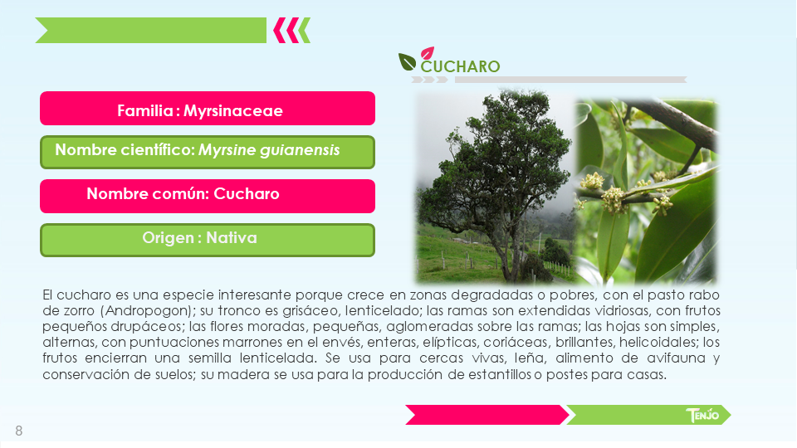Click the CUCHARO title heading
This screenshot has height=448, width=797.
pyautogui.click(x=461, y=66)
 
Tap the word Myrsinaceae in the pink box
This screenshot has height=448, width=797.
pyautogui.click(x=232, y=110)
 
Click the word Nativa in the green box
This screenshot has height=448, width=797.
pyautogui.click(x=232, y=238)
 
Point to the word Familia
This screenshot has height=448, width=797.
pyautogui.click(x=145, y=110)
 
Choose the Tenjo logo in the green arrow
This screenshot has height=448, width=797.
pyautogui.click(x=702, y=415)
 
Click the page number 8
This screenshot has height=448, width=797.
pyautogui.click(x=19, y=431)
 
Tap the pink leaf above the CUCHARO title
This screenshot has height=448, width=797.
pyautogui.click(x=428, y=53)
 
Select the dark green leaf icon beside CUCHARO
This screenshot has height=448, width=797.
pyautogui.click(x=407, y=62)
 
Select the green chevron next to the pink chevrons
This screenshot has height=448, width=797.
pyautogui.click(x=304, y=31)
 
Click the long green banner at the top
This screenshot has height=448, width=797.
pyautogui.click(x=151, y=31)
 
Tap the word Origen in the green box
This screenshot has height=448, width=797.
pyautogui.click(x=169, y=238)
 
